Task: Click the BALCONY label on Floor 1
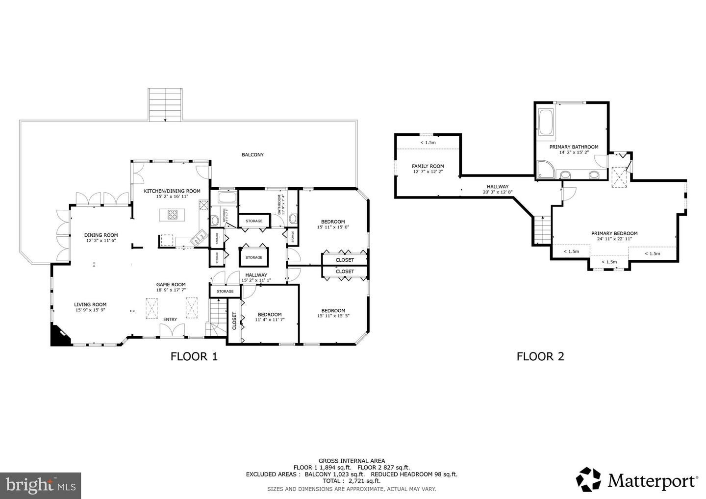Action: pyautogui.click(x=252, y=155)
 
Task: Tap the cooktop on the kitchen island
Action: pyautogui.click(x=173, y=214)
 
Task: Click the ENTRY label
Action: pyautogui.click(x=170, y=320)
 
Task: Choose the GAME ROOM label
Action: pyautogui.click(x=171, y=284)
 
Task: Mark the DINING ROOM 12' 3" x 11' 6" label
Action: pyautogui.click(x=101, y=238)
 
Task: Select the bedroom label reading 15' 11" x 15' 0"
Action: pyautogui.click(x=333, y=224)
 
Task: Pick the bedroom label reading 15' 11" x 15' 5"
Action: pyautogui.click(x=333, y=313)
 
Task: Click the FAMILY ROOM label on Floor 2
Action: pyautogui.click(x=428, y=169)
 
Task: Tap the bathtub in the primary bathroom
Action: pyautogui.click(x=546, y=122)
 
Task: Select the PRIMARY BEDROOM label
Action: pyautogui.click(x=614, y=236)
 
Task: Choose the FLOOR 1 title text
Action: pyautogui.click(x=194, y=356)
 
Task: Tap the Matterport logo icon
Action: pyautogui.click(x=588, y=479)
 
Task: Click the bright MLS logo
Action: pyautogui.click(x=40, y=485)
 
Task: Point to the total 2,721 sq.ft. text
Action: pyautogui.click(x=351, y=481)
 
